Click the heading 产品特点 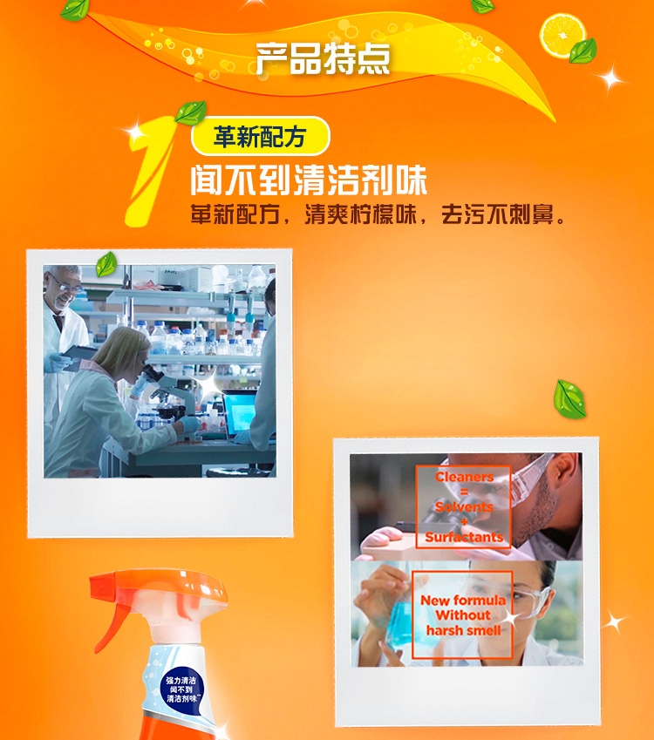pyautogui.click(x=323, y=58)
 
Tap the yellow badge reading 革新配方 pyautogui.click(x=260, y=136)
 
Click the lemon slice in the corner pyautogui.click(x=562, y=37)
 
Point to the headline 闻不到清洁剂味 pyautogui.click(x=309, y=180)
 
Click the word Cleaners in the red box pyautogui.click(x=464, y=477)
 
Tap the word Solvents pyautogui.click(x=464, y=507)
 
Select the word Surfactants pyautogui.click(x=464, y=537)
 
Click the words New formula pyautogui.click(x=463, y=601)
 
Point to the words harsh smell pyautogui.click(x=463, y=630)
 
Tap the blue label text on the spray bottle pyautogui.click(x=181, y=689)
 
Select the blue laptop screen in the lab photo pyautogui.click(x=240, y=412)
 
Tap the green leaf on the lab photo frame pyautogui.click(x=106, y=263)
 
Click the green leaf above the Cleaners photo pyautogui.click(x=570, y=399)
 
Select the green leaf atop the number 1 pyautogui.click(x=191, y=112)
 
